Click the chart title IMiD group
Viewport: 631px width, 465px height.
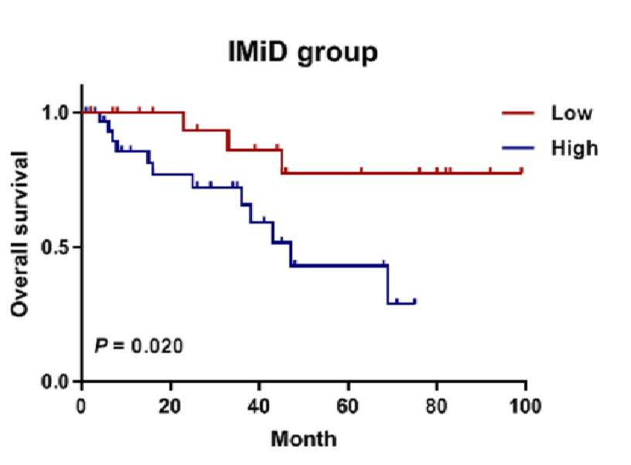click(x=302, y=53)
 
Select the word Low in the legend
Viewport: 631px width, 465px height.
click(x=572, y=113)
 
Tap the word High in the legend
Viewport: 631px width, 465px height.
click(x=575, y=148)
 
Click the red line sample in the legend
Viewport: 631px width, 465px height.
click(x=518, y=113)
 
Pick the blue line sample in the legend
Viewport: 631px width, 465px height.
click(x=518, y=148)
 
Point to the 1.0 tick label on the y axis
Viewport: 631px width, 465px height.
click(x=56, y=112)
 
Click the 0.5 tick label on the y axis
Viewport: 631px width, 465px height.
click(x=56, y=247)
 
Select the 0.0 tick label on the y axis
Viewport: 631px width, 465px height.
click(x=56, y=381)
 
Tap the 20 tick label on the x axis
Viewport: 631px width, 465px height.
click(x=170, y=406)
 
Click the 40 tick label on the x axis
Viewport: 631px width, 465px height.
click(x=259, y=406)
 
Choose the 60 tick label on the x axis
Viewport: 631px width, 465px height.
click(x=348, y=406)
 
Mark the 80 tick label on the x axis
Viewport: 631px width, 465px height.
click(x=437, y=406)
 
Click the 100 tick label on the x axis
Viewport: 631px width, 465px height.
click(x=525, y=406)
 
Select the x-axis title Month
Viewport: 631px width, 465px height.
click(x=304, y=439)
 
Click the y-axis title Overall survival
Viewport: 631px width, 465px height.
click(x=19, y=234)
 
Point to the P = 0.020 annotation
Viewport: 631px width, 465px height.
click(x=139, y=346)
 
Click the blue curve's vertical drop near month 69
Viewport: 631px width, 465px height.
click(x=387, y=284)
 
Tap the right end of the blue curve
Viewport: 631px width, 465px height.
click(x=415, y=302)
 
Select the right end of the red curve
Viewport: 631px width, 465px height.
click(x=522, y=172)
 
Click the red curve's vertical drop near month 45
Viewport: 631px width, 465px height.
click(x=282, y=162)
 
